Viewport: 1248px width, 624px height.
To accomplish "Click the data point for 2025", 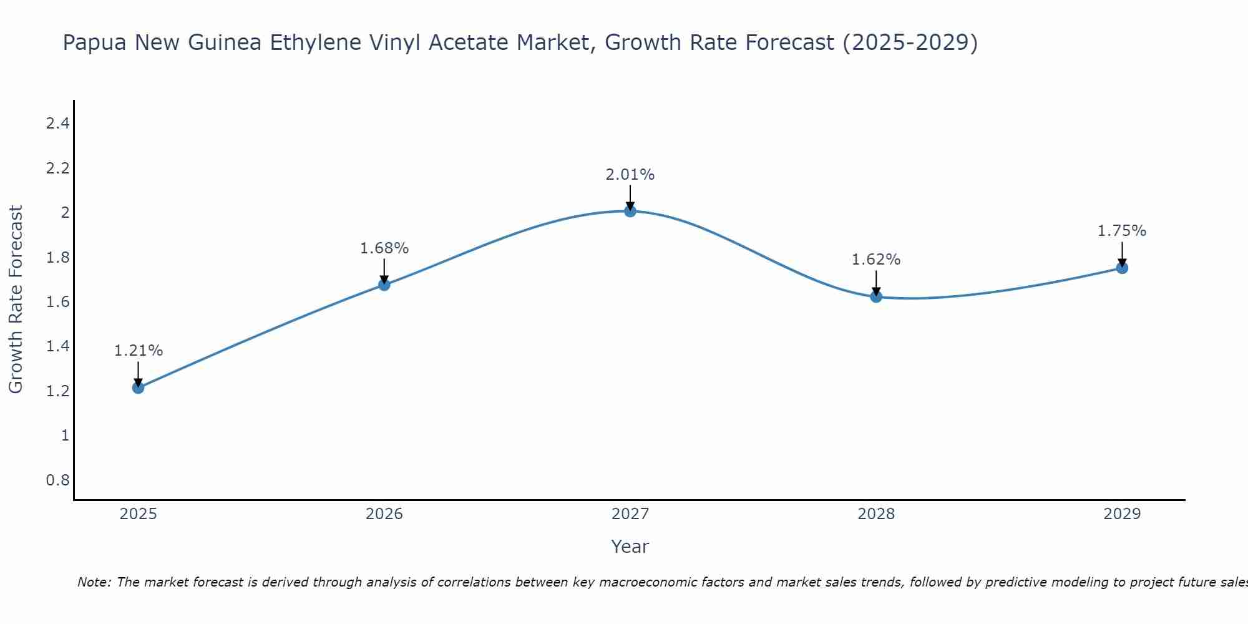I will click(138, 388).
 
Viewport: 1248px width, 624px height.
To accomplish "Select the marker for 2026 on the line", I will click(384, 285).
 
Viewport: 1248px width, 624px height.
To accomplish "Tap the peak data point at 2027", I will click(630, 212).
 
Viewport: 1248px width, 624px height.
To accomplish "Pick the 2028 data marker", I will click(876, 297).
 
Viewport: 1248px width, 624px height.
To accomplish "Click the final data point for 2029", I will click(1122, 268).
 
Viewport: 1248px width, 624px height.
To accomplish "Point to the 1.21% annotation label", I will click(138, 351).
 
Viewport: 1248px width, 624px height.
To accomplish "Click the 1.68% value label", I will click(384, 248).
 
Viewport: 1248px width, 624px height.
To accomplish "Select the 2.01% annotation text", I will click(630, 175).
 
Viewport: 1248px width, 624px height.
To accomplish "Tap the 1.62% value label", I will click(876, 260).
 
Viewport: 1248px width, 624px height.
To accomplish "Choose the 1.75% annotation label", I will click(1122, 231).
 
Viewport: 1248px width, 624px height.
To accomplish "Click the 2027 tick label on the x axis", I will click(630, 514).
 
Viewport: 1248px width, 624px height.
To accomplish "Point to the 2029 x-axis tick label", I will click(1122, 514).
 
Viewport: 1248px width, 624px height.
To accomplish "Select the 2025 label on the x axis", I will click(138, 514).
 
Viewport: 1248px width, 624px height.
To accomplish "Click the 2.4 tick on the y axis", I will click(57, 124).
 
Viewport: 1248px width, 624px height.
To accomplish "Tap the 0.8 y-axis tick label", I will click(57, 480).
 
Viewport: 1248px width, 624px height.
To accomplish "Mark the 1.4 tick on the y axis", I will click(57, 346).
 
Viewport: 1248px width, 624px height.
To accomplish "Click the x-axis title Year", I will click(630, 547).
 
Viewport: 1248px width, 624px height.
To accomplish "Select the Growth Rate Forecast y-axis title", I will click(16, 300).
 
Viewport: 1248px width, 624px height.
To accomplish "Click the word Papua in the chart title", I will click(95, 43).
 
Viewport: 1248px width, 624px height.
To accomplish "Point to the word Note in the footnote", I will click(94, 582).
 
